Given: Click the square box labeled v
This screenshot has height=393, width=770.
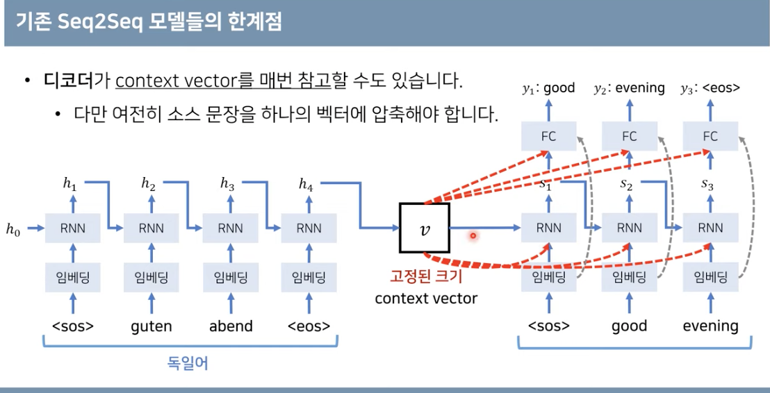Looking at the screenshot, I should click(424, 228).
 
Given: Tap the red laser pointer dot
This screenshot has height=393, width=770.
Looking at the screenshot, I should click(473, 235).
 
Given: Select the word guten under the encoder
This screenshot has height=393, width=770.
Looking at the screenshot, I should click(151, 326).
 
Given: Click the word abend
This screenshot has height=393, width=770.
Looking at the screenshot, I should click(231, 326).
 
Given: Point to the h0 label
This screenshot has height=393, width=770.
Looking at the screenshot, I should click(14, 228).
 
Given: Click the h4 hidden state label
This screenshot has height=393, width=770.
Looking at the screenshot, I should click(306, 184).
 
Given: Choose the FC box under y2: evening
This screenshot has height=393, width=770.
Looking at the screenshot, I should click(630, 136).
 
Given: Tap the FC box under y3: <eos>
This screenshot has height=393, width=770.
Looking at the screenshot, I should click(710, 136).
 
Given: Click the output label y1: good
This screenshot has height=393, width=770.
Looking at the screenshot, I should click(548, 88).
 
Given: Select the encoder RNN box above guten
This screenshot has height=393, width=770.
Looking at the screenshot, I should click(151, 228).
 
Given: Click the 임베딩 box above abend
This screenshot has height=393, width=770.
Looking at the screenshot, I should click(230, 278).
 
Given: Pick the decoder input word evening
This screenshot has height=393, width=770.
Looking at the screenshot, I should click(710, 326).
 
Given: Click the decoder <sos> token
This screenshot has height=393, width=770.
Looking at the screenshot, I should click(549, 326).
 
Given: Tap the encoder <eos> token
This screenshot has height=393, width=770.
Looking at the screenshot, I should click(309, 326).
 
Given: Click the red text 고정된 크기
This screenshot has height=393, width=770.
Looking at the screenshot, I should click(425, 277).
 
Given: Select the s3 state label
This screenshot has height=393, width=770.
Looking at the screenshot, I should click(707, 185).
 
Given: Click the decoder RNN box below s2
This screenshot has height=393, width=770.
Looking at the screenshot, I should click(630, 228).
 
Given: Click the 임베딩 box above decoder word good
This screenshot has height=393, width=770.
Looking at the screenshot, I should click(630, 278).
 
